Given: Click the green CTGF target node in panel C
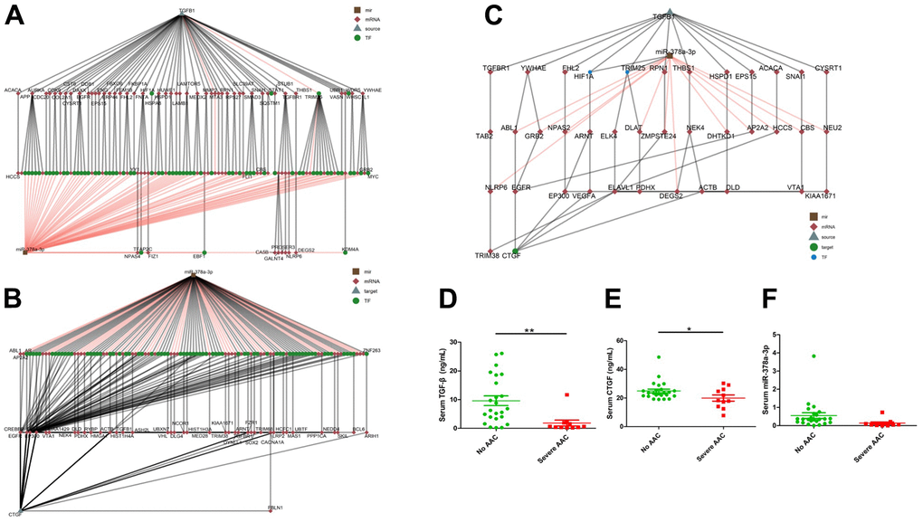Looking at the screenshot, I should (x=516, y=251).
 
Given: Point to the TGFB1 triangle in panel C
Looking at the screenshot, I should (x=670, y=10).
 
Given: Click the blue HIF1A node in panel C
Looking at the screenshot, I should (x=590, y=71).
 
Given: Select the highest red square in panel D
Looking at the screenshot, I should (x=566, y=394).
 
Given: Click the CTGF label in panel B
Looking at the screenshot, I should (x=14, y=514).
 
